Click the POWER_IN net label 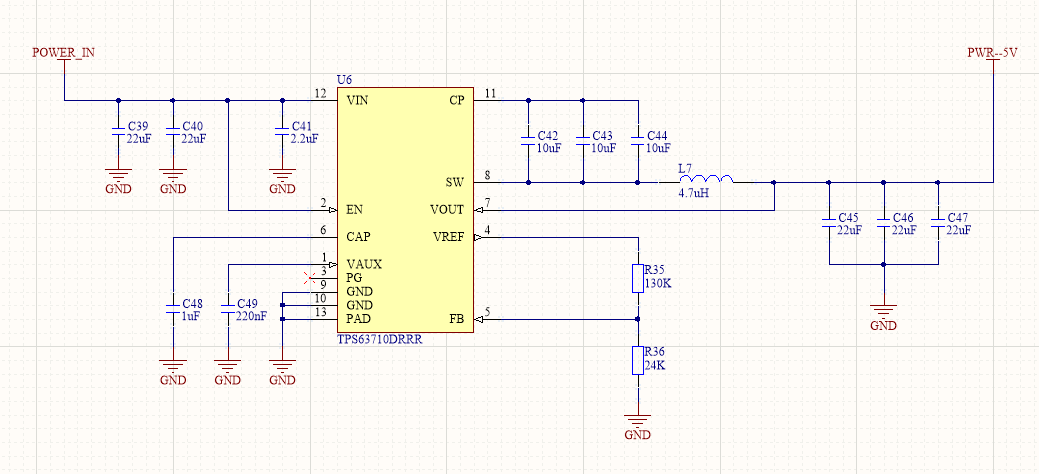coord(64,53)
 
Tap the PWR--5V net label coord(992,53)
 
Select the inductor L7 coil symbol coord(706,180)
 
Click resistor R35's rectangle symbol coord(638,278)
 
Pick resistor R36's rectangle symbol coord(638,360)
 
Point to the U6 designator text coord(345,79)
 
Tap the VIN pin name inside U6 coord(357,101)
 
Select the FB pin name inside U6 coord(456,319)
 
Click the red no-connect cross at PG coord(310,277)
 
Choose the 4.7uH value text coord(693,193)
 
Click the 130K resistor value coord(658,284)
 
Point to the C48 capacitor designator coord(192,303)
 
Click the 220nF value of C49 coord(252,316)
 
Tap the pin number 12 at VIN coord(320,93)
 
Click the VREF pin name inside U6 coord(448,237)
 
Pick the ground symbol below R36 coord(638,420)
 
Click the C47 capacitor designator coord(957,217)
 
